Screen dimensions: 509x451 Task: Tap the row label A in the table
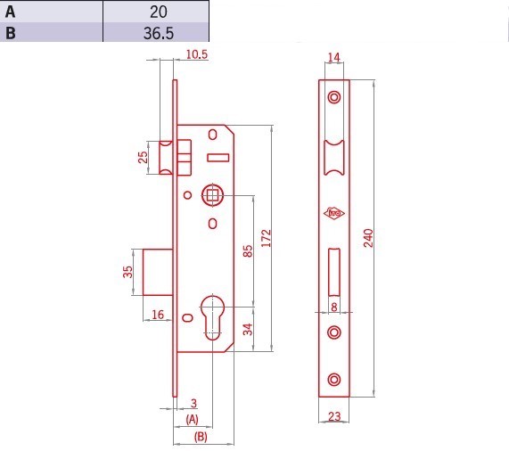[x=11, y=12]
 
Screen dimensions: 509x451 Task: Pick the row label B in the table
[x=11, y=33]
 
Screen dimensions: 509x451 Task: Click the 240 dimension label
[x=368, y=238]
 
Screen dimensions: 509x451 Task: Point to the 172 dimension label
[x=267, y=238]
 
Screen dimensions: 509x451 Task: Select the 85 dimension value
[x=247, y=250]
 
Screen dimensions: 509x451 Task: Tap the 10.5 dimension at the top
[x=197, y=54]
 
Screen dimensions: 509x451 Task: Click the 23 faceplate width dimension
[x=334, y=416]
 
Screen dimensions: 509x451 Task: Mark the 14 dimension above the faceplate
[x=333, y=57]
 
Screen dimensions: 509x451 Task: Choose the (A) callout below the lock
[x=192, y=419]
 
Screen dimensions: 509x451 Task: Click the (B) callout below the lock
[x=201, y=437]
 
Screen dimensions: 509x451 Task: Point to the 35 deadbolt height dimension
[x=127, y=272]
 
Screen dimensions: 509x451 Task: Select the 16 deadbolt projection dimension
[x=158, y=315]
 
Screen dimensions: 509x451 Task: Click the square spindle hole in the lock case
[x=213, y=195]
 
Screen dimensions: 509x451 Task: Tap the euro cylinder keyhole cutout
[x=213, y=317]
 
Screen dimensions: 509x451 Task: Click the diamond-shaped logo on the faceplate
[x=334, y=213]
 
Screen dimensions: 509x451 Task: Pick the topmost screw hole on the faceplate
[x=334, y=97]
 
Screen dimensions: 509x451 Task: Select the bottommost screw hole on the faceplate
[x=334, y=380]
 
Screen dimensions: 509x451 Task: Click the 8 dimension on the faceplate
[x=334, y=307]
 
